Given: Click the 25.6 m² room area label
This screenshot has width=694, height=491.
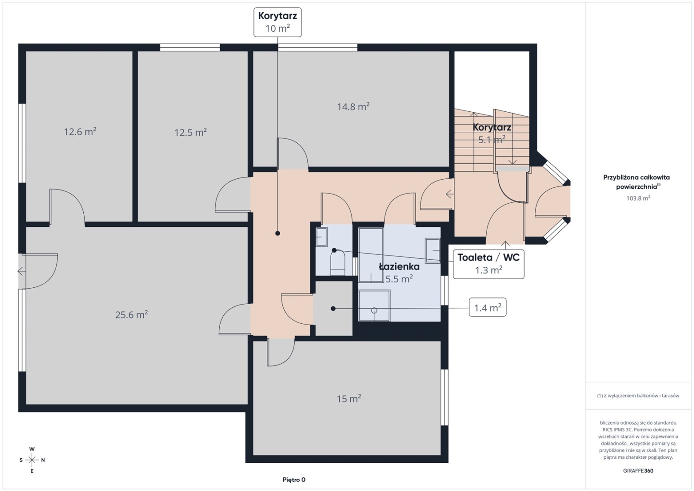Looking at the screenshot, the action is pyautogui.click(x=131, y=315).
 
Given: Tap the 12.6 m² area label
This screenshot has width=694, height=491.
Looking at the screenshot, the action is pyautogui.click(x=80, y=132).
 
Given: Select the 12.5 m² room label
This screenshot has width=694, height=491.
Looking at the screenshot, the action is pyautogui.click(x=191, y=133).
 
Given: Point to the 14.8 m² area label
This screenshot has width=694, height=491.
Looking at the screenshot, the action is pyautogui.click(x=353, y=106).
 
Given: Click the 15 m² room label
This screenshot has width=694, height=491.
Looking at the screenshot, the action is pyautogui.click(x=349, y=399).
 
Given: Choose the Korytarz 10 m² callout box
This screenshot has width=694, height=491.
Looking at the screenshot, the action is pyautogui.click(x=277, y=22).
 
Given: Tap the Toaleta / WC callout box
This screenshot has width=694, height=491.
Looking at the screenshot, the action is pyautogui.click(x=488, y=264).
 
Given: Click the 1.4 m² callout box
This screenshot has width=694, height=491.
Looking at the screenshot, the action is pyautogui.click(x=488, y=307).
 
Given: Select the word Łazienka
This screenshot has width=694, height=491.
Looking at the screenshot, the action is pyautogui.click(x=399, y=266).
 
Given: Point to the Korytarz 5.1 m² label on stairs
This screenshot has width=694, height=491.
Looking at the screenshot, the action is pyautogui.click(x=492, y=134).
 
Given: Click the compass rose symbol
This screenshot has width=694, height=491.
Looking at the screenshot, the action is pyautogui.click(x=32, y=460).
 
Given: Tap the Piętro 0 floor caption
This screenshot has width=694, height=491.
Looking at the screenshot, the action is pyautogui.click(x=294, y=480).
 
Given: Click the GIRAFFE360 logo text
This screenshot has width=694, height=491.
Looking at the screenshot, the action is pyautogui.click(x=638, y=471).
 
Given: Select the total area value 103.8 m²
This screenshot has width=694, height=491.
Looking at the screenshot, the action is pyautogui.click(x=638, y=198).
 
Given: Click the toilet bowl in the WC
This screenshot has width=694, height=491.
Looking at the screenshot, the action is pyautogui.click(x=338, y=263).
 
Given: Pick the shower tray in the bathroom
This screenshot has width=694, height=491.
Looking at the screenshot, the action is pyautogui.click(x=374, y=306).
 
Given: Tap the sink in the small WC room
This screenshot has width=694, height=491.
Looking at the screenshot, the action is pyautogui.click(x=321, y=237).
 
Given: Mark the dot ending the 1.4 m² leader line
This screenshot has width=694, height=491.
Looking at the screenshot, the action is pyautogui.click(x=333, y=309).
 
